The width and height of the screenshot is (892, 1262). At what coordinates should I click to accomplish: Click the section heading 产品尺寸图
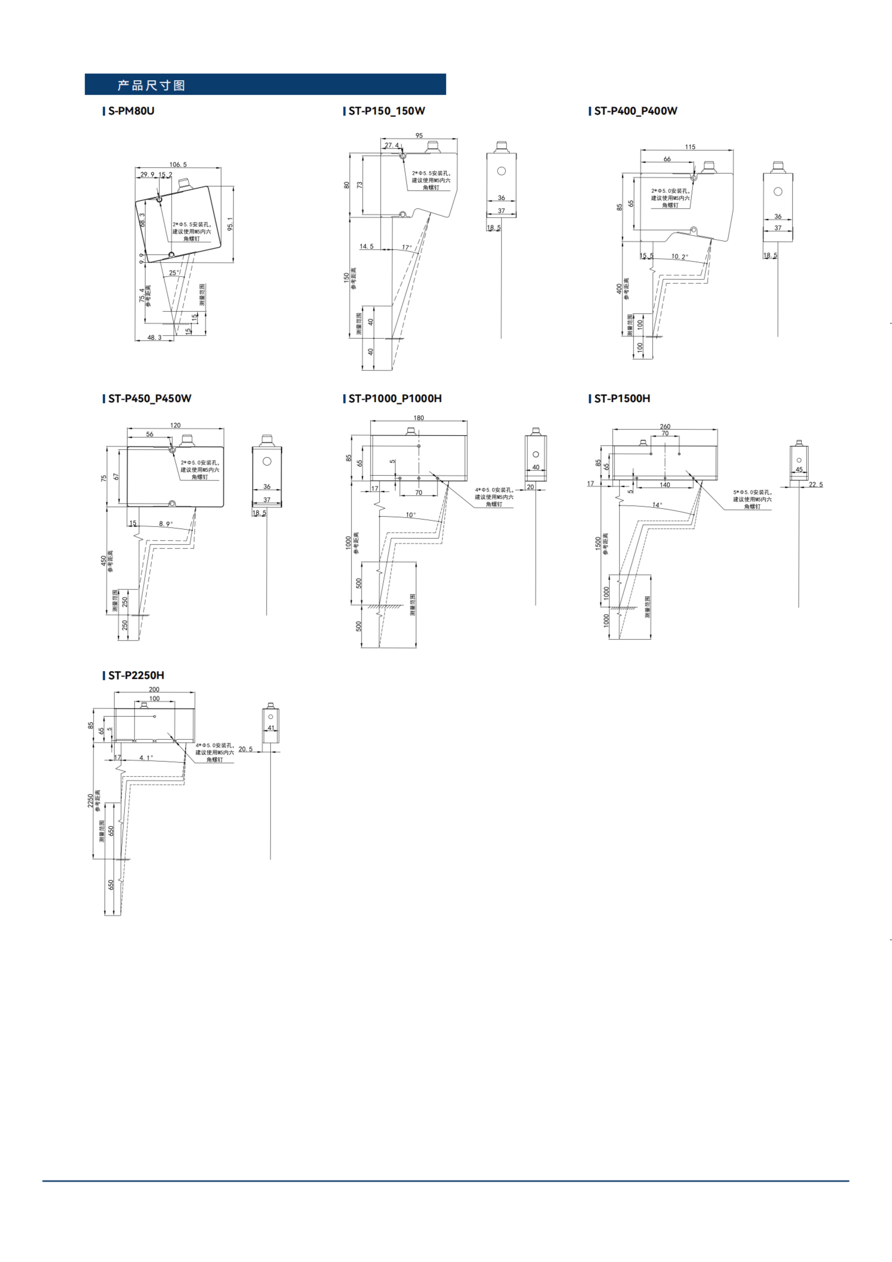pos(151,85)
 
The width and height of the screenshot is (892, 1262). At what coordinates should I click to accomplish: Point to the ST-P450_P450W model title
pos(149,399)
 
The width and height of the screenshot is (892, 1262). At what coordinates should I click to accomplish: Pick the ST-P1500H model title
pos(622,399)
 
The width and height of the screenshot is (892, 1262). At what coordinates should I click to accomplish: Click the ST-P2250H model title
pos(136,675)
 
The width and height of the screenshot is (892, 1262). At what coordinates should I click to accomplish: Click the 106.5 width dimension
pos(178,164)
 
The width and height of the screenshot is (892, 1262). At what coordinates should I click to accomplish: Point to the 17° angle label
pos(407,247)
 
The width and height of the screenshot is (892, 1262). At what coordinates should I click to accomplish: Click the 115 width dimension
pos(690,147)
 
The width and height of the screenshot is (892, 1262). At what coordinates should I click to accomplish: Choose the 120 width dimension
pos(175,425)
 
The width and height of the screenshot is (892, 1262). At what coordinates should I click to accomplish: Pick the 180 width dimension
pos(419,418)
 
